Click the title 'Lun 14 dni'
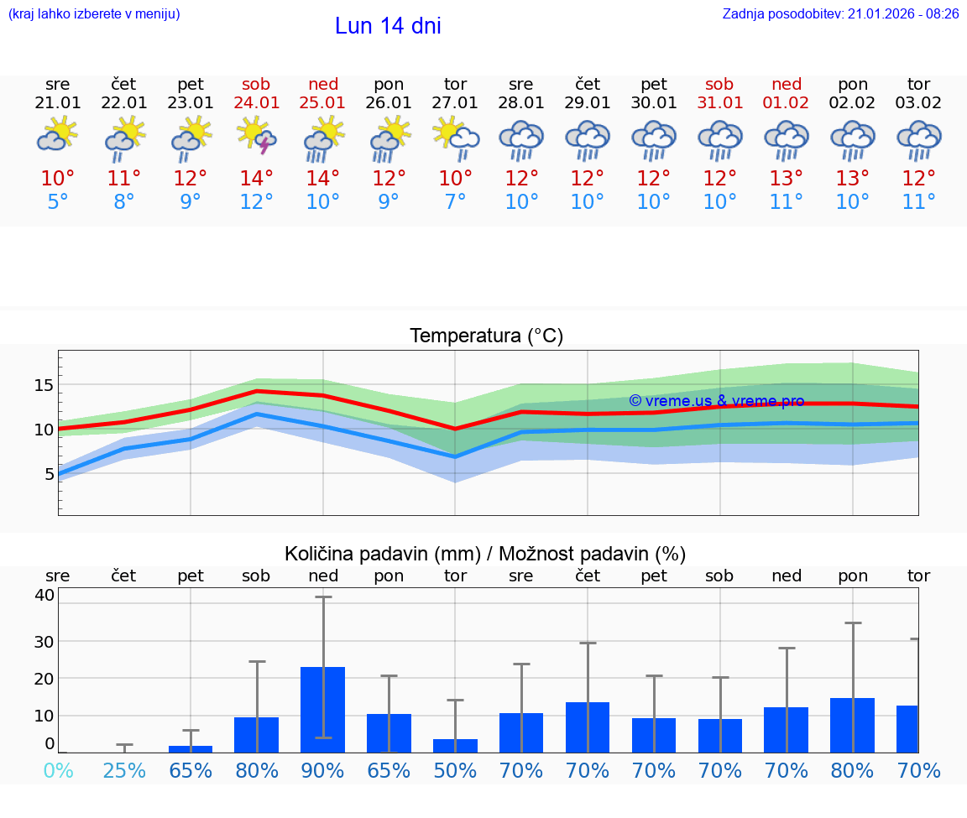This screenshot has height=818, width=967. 388,26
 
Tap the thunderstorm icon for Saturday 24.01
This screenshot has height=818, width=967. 257,136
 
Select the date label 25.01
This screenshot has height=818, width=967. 322,102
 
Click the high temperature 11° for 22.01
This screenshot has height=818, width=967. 124,179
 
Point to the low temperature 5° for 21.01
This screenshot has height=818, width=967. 58,202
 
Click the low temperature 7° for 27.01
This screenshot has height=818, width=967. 455,202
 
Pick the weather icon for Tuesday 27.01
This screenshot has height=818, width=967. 456,136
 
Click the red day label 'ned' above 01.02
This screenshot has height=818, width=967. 787,84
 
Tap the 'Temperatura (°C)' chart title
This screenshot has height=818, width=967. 486,336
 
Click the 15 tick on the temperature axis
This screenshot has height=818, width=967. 44,385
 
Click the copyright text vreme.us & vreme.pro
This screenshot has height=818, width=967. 716,401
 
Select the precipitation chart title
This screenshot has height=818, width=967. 485,554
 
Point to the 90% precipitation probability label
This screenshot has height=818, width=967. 323,770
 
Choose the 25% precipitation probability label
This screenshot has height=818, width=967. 124,770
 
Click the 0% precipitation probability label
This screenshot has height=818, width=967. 58,770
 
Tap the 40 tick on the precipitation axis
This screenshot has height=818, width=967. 44,595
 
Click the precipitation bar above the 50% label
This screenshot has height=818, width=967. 455,745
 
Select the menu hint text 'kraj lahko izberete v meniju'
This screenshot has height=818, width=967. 94,14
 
